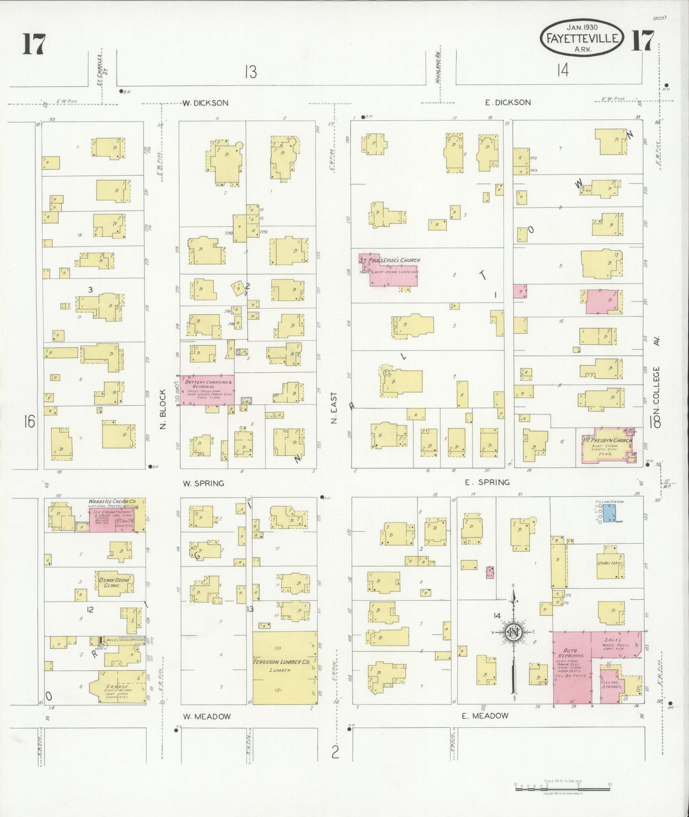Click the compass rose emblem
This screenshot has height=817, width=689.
514,633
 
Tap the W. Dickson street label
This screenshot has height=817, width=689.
205,102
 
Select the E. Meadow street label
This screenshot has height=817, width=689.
485,715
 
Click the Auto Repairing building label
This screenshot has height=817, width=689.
570,654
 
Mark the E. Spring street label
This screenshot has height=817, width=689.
487,482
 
